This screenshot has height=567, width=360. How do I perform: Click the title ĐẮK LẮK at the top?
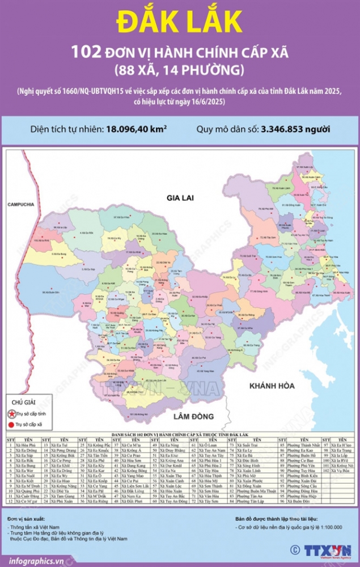point(179,21)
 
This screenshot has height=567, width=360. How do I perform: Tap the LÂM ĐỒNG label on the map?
point(180,417)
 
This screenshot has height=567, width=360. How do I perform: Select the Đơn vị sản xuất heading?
point(27,519)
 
